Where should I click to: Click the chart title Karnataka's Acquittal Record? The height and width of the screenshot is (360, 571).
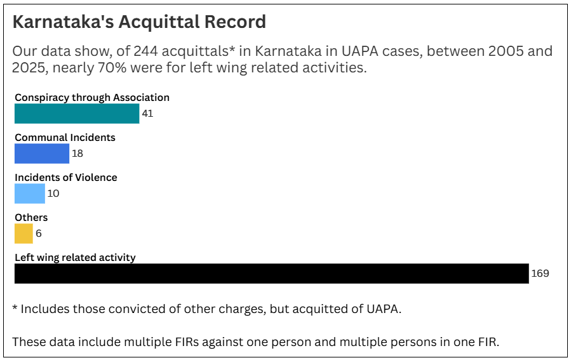(139, 22)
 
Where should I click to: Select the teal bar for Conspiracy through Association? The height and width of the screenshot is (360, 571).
(77, 114)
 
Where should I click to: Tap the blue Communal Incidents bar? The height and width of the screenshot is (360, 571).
(42, 154)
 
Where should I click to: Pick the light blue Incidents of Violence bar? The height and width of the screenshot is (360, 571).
(30, 194)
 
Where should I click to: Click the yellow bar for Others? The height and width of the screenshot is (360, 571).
(24, 234)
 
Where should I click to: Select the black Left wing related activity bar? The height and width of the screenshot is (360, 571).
(271, 274)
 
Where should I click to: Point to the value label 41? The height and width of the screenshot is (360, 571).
(147, 114)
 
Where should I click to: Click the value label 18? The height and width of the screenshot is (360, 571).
(77, 154)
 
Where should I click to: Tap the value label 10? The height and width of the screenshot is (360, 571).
(53, 194)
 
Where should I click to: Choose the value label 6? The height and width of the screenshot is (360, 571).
(39, 234)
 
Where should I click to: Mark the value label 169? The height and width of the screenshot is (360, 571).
(540, 274)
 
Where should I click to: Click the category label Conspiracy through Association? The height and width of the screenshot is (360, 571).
(92, 98)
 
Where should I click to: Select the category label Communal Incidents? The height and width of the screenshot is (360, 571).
(65, 138)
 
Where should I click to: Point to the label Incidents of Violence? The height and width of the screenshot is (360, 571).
(66, 178)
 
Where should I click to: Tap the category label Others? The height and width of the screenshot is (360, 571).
(31, 218)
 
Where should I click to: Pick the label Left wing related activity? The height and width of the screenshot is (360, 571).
(75, 258)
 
